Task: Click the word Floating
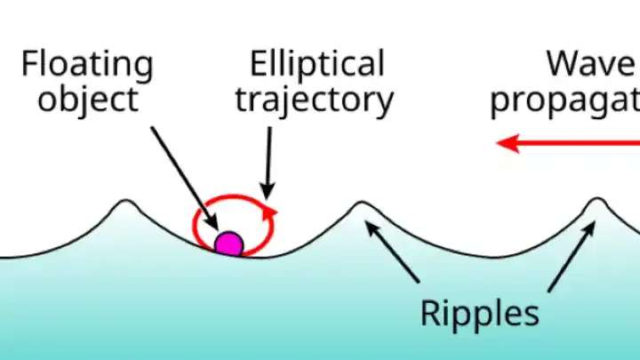87,65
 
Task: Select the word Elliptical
316,65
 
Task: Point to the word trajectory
314,99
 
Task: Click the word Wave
591,65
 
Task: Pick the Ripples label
479,313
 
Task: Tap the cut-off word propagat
565,99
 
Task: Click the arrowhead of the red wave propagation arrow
507,142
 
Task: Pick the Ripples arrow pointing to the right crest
570,258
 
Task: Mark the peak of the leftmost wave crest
126,202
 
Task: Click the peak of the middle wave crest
361,204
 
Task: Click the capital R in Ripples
429,313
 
